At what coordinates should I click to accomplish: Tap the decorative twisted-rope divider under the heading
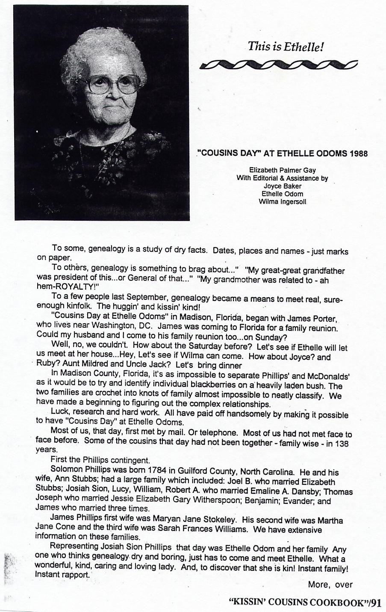[x=278, y=65]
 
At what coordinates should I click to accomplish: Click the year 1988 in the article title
[x=357, y=153]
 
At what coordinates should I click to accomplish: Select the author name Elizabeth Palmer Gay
[x=283, y=170]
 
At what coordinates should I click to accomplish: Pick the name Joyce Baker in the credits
[x=283, y=186]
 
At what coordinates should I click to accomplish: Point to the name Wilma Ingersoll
[x=283, y=201]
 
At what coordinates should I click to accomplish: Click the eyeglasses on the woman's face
[x=113, y=84]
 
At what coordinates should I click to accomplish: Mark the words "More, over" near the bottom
[x=330, y=584]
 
